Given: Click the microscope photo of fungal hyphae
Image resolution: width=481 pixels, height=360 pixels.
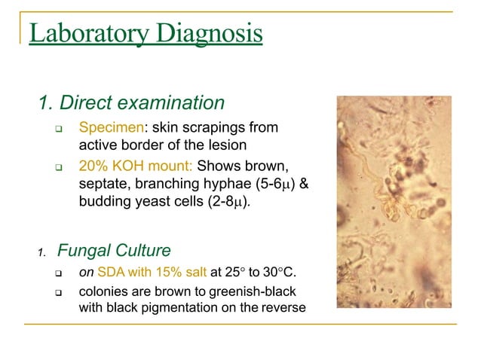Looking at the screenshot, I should click(x=394, y=201).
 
